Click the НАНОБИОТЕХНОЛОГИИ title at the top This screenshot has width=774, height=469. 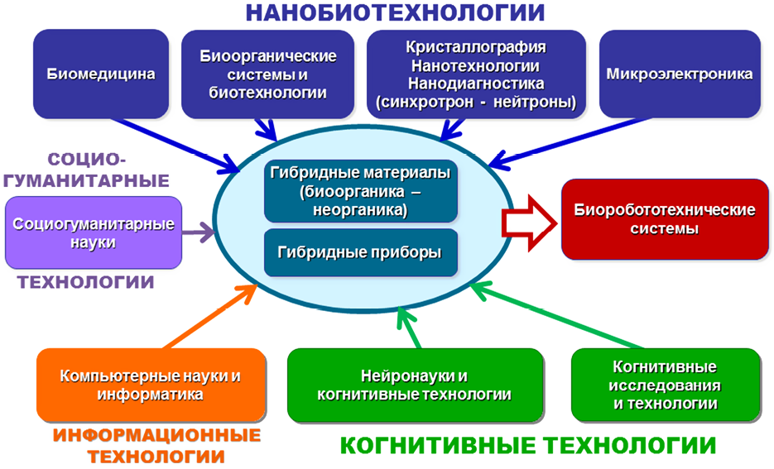[x=396, y=13]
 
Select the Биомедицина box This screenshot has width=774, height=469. [x=101, y=74]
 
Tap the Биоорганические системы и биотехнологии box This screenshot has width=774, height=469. [x=268, y=74]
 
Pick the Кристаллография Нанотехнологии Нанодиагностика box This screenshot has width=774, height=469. [x=475, y=74]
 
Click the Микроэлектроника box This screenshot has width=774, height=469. [x=679, y=74]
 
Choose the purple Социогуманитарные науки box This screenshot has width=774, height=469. [x=93, y=232]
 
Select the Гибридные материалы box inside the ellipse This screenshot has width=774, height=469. [x=360, y=191]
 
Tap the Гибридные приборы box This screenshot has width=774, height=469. [x=360, y=252]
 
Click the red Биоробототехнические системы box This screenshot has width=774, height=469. [x=665, y=219]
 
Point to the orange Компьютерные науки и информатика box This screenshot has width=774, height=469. [x=151, y=385]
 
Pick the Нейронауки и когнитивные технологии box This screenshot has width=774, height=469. [x=415, y=385]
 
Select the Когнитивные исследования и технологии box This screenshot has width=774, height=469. [x=666, y=385]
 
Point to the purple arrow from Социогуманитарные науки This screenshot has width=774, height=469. [x=198, y=232]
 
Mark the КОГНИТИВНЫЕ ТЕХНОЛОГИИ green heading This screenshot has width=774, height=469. [x=528, y=446]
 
